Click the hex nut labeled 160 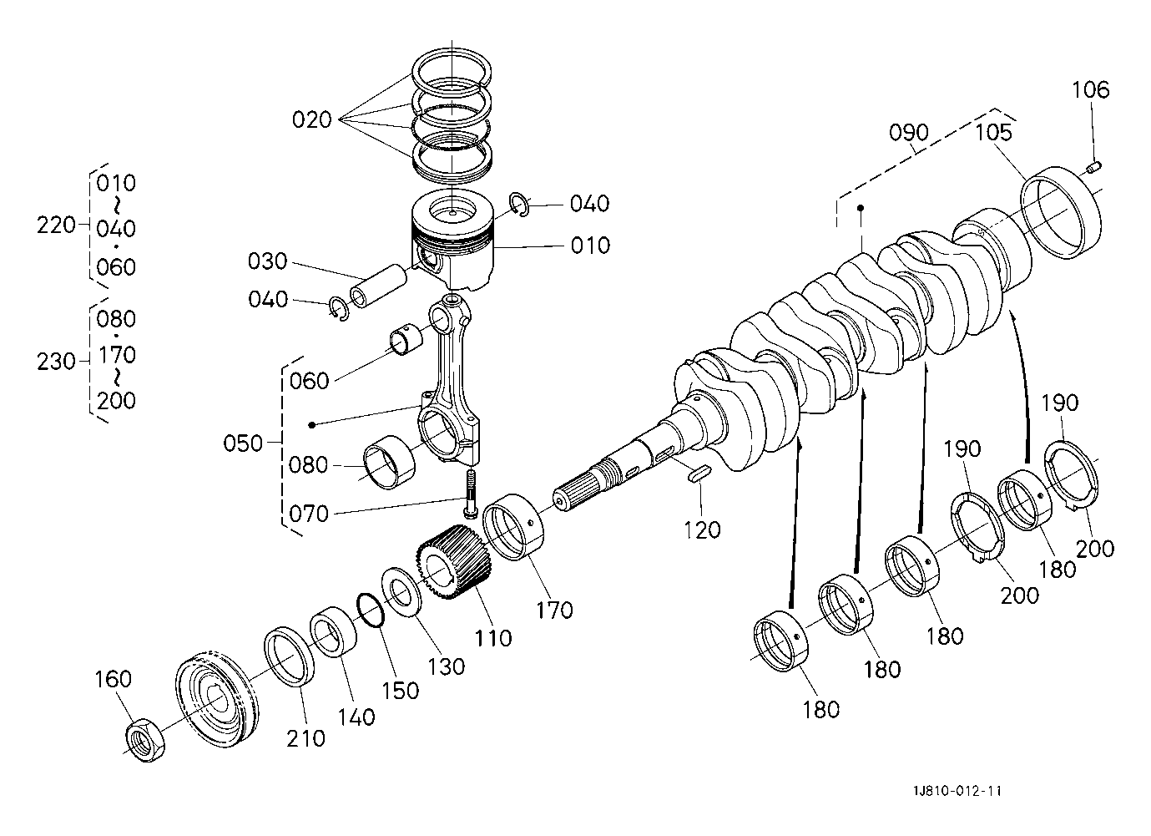(x=145, y=742)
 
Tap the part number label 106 (x=1090, y=90)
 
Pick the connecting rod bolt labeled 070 (x=471, y=494)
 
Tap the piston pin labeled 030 (x=377, y=286)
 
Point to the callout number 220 (x=55, y=225)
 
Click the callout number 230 (x=55, y=362)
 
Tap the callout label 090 (x=908, y=133)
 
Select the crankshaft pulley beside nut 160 (x=217, y=700)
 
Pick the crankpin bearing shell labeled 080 (x=389, y=462)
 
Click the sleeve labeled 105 (x=1060, y=212)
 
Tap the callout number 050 (x=243, y=443)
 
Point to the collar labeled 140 (x=333, y=632)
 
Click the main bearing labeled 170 (x=512, y=527)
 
